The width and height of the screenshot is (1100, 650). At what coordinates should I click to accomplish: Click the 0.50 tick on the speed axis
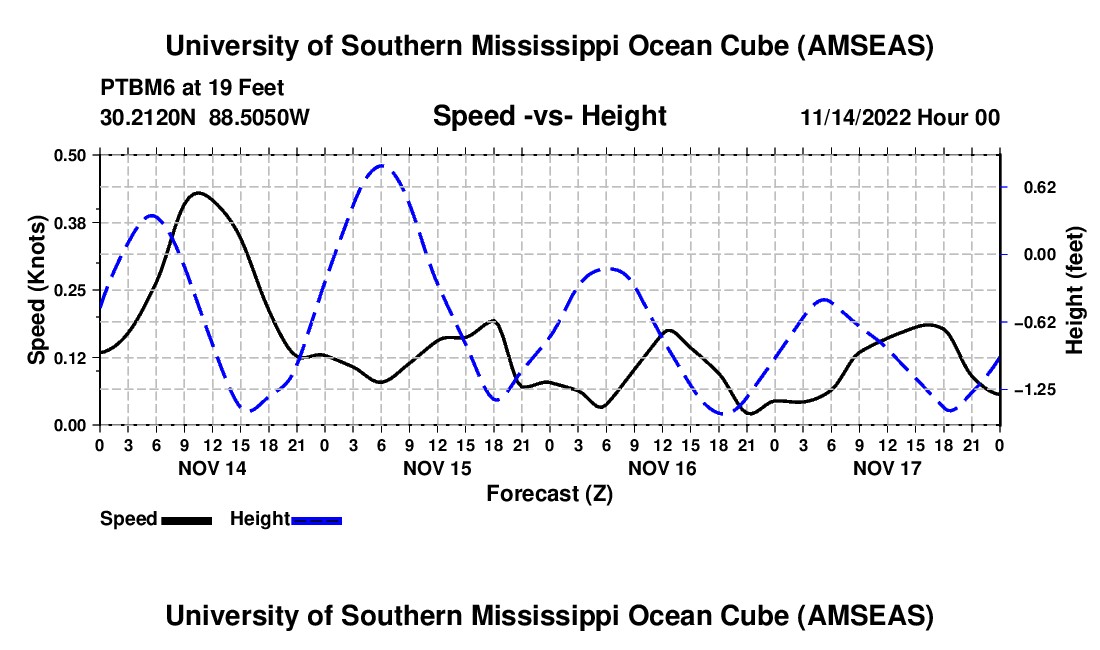point(74,155)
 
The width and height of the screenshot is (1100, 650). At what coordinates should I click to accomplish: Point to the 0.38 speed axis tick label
point(74,222)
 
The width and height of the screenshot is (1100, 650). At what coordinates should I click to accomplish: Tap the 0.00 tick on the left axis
point(74,425)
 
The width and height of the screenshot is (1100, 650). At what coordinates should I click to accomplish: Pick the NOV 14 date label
point(211,467)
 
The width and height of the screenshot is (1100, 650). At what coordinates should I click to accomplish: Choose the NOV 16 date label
point(661,467)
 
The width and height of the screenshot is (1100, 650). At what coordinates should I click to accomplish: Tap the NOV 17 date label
point(886,467)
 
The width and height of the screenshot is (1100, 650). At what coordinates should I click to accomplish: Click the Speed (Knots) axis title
point(37,290)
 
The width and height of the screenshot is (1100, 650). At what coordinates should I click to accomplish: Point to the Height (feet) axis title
point(1076,290)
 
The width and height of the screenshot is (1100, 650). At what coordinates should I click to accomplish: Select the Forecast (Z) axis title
point(549,493)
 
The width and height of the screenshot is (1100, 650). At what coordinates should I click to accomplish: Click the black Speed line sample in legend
point(185,519)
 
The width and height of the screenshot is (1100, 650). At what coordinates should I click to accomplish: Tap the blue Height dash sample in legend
point(316,519)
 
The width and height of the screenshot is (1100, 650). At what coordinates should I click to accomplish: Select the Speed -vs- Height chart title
point(549,116)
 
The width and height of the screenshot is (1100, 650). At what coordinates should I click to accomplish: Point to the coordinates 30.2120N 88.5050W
point(205,117)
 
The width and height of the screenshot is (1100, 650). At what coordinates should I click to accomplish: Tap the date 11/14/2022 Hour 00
point(900,117)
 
